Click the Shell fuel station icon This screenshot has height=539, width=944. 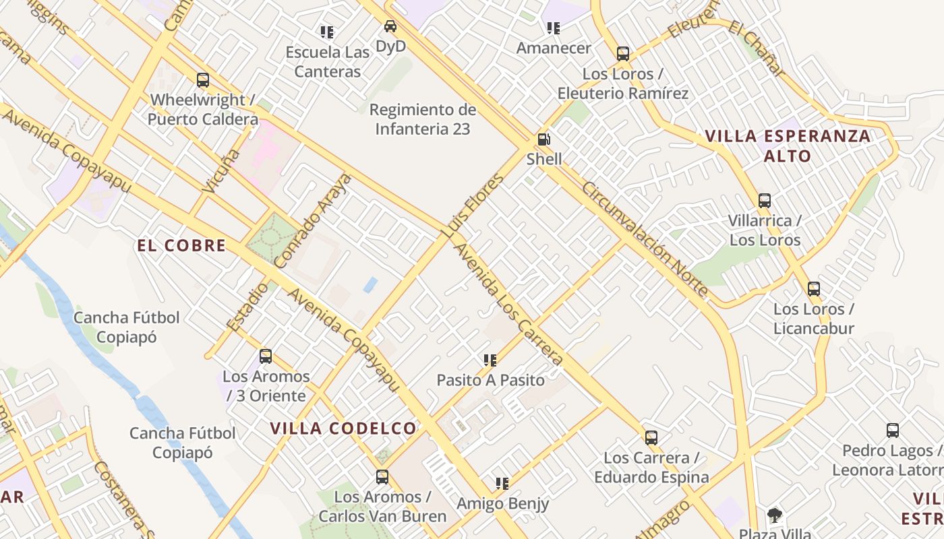tap(543, 139)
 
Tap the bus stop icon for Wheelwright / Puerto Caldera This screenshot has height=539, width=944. tap(203, 80)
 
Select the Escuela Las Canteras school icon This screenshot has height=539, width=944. tap(327, 32)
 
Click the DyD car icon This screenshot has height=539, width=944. tap(390, 26)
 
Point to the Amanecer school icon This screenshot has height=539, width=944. tap(553, 28)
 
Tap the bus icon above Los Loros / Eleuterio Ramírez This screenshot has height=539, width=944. tap(623, 54)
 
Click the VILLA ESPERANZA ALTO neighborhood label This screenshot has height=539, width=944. tap(788, 146)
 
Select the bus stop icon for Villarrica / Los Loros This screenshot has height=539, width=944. tap(764, 200)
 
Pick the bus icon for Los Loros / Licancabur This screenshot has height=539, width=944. tap(814, 289)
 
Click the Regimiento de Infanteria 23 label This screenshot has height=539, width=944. tap(423, 119)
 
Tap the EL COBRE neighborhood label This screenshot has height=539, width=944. tap(181, 246)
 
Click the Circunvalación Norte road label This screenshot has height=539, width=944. tap(645, 239)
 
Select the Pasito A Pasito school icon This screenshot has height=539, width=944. tap(490, 360)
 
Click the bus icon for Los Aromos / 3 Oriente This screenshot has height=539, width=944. tap(266, 356)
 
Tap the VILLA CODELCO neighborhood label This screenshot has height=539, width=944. tap(343, 428)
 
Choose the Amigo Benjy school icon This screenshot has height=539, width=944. tap(502, 483)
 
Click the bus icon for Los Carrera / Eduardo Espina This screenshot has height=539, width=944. tap(651, 438)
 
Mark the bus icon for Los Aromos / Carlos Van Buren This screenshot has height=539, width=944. tap(382, 477)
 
